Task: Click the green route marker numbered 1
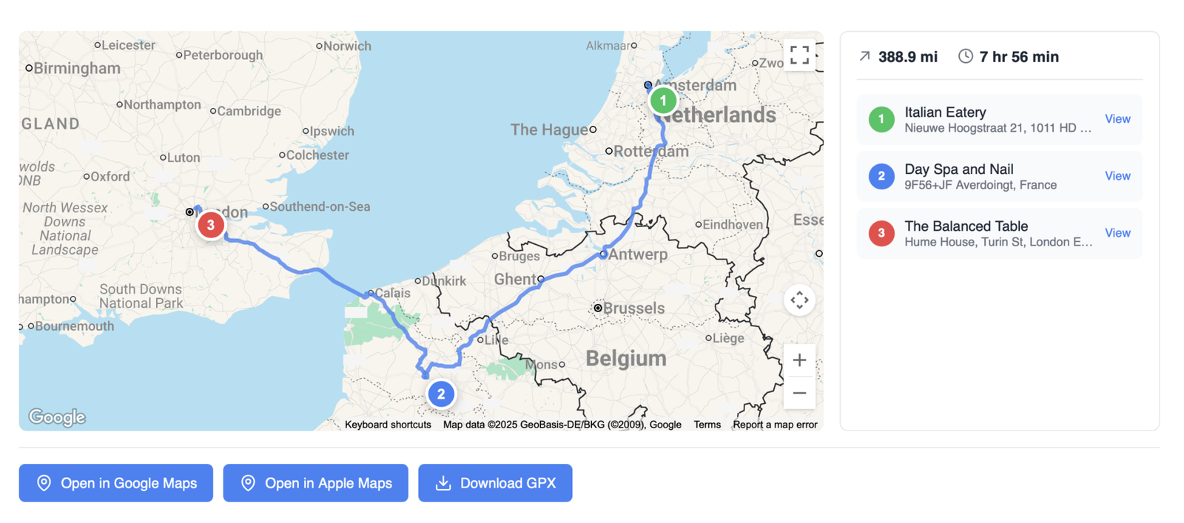(663, 101)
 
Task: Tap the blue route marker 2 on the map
(441, 394)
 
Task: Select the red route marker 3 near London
(211, 225)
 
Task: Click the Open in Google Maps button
(116, 483)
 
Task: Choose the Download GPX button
(495, 483)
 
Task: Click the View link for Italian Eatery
(1117, 119)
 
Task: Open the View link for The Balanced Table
(1117, 233)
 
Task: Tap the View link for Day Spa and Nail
(1117, 176)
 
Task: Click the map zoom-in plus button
(799, 360)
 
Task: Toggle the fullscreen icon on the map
(799, 55)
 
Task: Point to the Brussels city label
(633, 308)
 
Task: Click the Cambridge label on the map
(249, 111)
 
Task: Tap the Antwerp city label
(638, 254)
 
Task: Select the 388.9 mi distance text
(907, 57)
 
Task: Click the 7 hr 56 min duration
(1018, 57)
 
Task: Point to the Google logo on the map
(57, 417)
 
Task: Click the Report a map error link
(775, 425)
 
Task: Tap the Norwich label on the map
(347, 46)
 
